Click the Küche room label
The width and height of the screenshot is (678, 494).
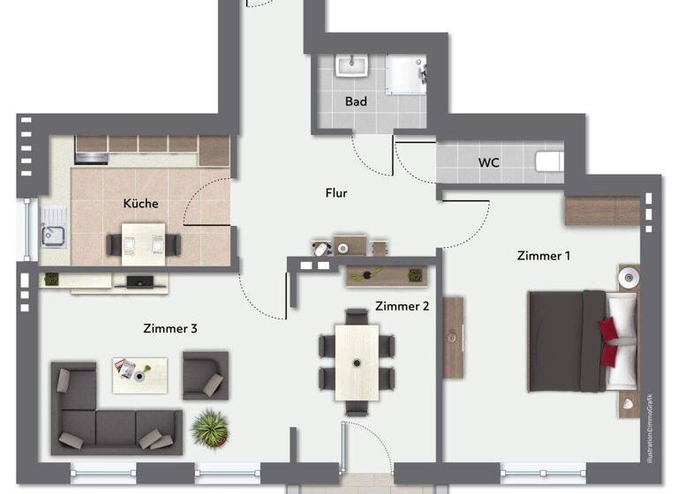click(140, 203)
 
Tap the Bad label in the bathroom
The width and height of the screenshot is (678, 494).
click(356, 101)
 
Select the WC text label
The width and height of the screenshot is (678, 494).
click(490, 162)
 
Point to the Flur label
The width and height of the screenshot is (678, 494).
click(335, 192)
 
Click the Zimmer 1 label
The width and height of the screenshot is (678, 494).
click(543, 256)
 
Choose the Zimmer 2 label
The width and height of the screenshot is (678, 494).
click(402, 306)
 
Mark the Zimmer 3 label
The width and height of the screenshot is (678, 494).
click(169, 328)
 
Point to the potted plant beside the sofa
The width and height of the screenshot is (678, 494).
click(210, 428)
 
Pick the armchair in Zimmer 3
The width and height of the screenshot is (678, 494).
click(205, 375)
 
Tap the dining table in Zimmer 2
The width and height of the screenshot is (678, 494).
click(357, 362)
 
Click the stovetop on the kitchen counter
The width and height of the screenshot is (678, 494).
click(92, 159)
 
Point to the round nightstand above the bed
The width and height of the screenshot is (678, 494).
click(628, 277)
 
